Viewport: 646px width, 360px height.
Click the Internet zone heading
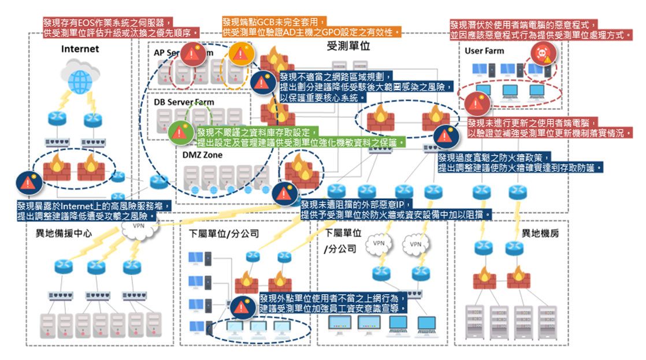80,49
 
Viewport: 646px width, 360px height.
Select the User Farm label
484,51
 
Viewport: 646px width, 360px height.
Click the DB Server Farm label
184,102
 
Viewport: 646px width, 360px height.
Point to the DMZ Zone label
202,155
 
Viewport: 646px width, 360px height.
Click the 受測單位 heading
348,45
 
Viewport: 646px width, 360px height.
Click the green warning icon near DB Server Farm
178,132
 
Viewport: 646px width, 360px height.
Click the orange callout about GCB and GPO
311,27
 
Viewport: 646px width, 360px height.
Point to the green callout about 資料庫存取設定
300,138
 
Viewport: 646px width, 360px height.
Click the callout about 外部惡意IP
396,209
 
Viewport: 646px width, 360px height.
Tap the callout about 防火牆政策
520,162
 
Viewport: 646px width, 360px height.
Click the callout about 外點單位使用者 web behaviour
333,303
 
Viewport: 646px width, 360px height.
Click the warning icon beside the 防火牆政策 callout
443,136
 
